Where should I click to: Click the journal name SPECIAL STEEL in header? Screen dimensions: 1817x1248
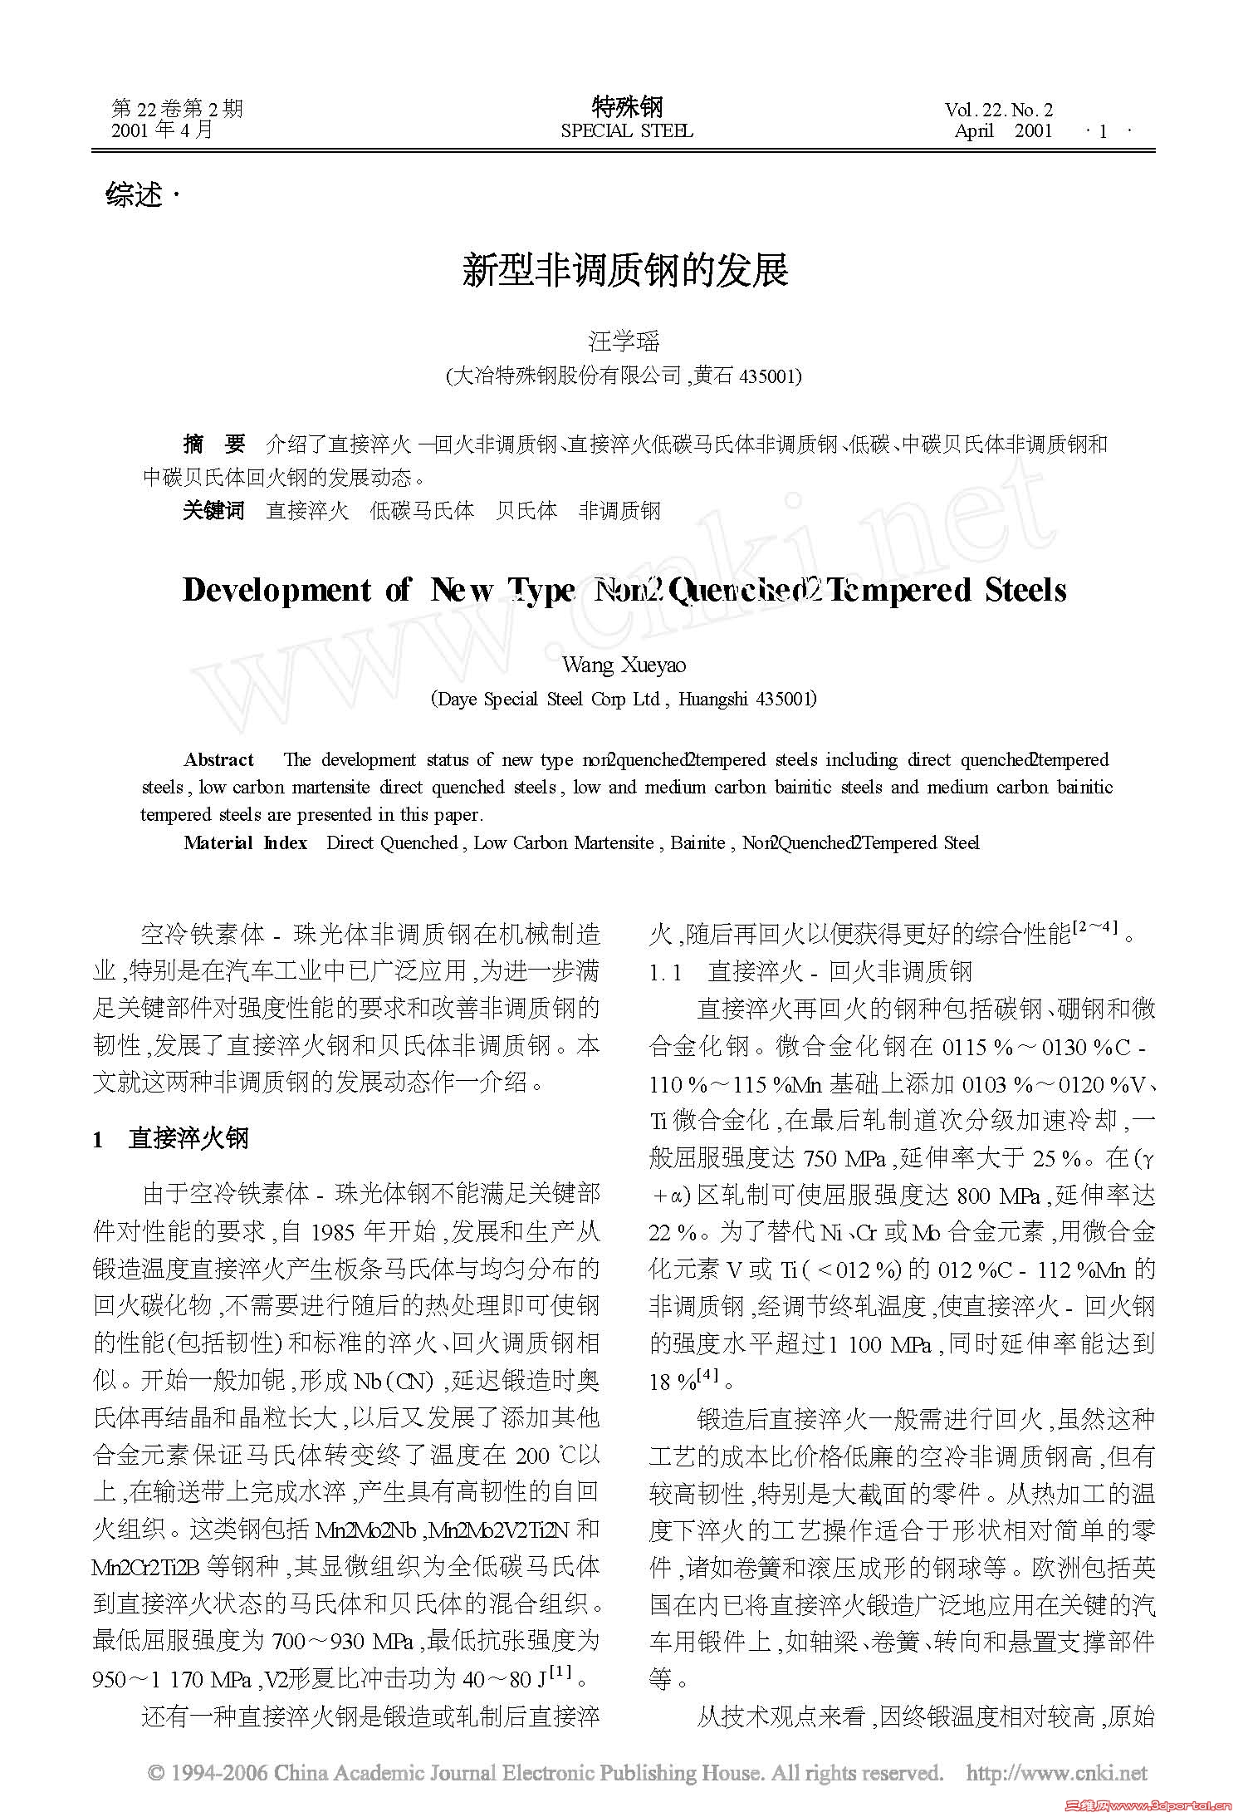point(626,131)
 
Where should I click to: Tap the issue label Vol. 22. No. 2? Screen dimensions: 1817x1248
point(997,110)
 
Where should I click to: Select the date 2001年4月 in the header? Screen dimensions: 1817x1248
point(163,130)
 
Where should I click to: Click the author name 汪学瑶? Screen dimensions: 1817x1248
point(624,341)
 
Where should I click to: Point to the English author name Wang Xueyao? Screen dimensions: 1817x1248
point(624,665)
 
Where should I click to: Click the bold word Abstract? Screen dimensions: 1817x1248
point(218,759)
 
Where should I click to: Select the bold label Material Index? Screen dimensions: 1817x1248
point(245,842)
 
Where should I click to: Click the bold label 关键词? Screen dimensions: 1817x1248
point(214,510)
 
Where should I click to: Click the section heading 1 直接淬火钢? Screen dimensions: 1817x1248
point(172,1137)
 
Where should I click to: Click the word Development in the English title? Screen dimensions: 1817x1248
point(277,590)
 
